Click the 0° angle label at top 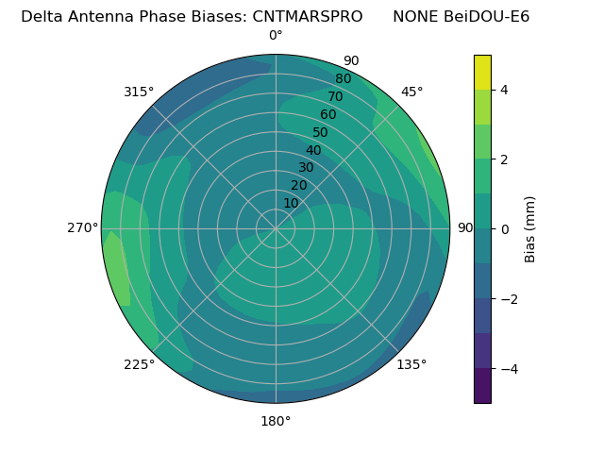click(276, 36)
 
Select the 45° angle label click(411, 92)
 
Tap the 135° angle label click(411, 364)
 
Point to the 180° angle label click(276, 421)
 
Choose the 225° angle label click(139, 364)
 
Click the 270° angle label click(82, 227)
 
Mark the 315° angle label click(139, 92)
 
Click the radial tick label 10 click(291, 203)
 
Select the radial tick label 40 click(313, 150)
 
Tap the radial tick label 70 click(335, 96)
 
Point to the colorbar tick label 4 click(505, 90)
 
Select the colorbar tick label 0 click(505, 229)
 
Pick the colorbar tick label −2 click(509, 299)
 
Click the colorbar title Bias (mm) click(530, 229)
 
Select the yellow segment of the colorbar click(482, 72)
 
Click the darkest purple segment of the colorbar click(482, 386)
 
